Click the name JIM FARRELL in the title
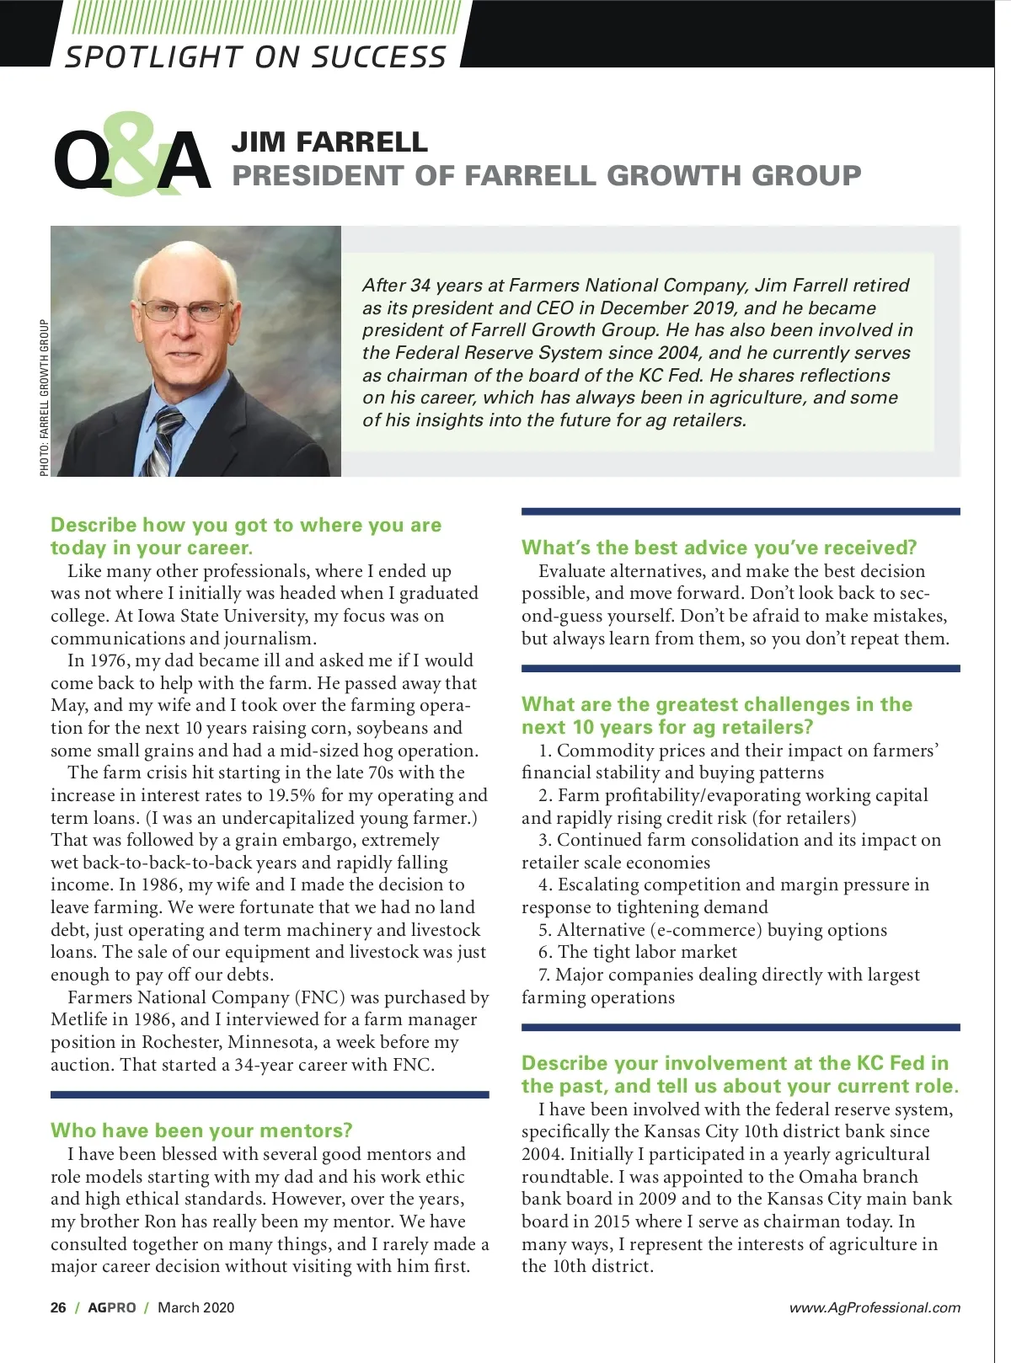329,142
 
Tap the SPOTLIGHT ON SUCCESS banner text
255,56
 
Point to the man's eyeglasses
185,309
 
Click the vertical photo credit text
44,398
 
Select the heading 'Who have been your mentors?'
201,1130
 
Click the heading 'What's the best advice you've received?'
719,548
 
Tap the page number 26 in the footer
58,1307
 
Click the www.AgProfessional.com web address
875,1307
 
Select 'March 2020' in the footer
195,1307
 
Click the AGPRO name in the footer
111,1307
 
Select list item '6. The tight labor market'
638,952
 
